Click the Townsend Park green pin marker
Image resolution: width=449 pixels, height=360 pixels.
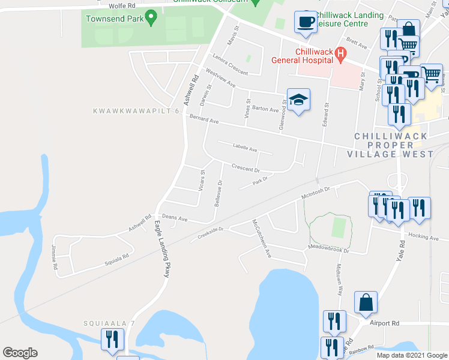151,19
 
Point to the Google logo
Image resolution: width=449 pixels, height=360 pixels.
20,353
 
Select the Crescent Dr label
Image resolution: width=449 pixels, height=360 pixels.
244,169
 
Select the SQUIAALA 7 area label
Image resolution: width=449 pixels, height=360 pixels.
103,323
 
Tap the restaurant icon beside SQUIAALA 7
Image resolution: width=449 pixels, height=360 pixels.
112,339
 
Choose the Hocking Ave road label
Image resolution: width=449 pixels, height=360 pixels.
424,237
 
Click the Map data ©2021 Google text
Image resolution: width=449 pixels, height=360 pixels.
411,355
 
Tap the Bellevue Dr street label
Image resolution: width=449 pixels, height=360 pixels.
218,192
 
